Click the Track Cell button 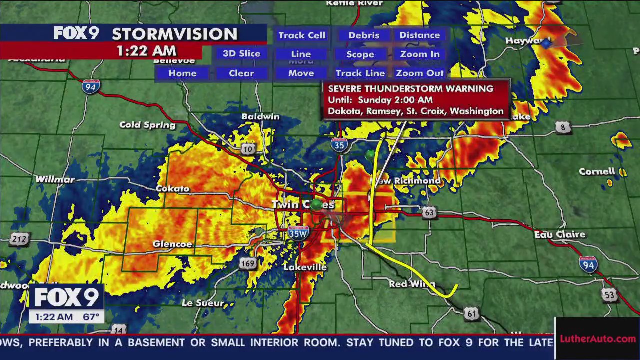[x=302, y=35]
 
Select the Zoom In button [x=420, y=54]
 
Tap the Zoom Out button [x=420, y=73]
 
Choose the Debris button [x=364, y=35]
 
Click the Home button [x=182, y=73]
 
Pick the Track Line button [x=360, y=73]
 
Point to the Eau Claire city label [x=559, y=234]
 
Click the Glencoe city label [x=172, y=244]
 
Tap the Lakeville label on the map [x=305, y=267]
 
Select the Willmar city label [x=55, y=179]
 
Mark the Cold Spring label [x=147, y=125]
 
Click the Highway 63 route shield [x=429, y=213]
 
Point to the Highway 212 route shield [x=19, y=239]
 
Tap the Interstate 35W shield [x=298, y=233]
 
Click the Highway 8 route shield [x=563, y=127]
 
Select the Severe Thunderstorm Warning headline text [x=410, y=88]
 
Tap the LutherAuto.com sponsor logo [x=597, y=339]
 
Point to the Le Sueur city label [x=203, y=303]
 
